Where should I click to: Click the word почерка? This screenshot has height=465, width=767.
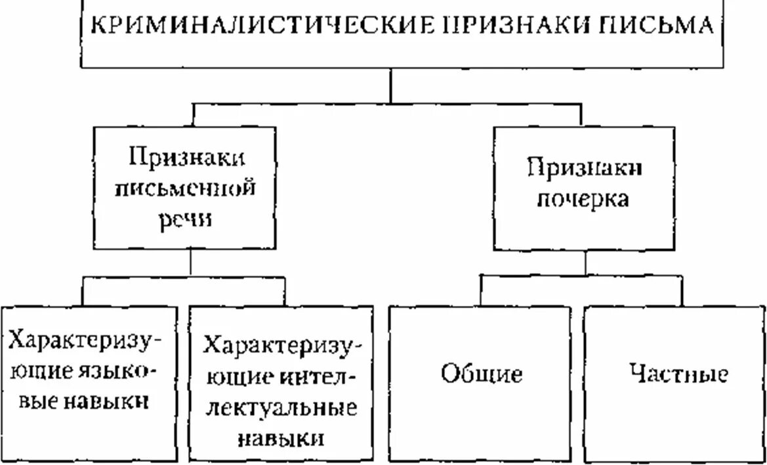point(583,199)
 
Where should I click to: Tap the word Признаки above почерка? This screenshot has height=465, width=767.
point(583,168)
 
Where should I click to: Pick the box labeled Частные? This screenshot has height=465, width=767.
point(674,384)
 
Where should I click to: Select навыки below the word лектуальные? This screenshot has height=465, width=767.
point(281,437)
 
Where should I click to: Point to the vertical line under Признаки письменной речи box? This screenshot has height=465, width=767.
point(191,263)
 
